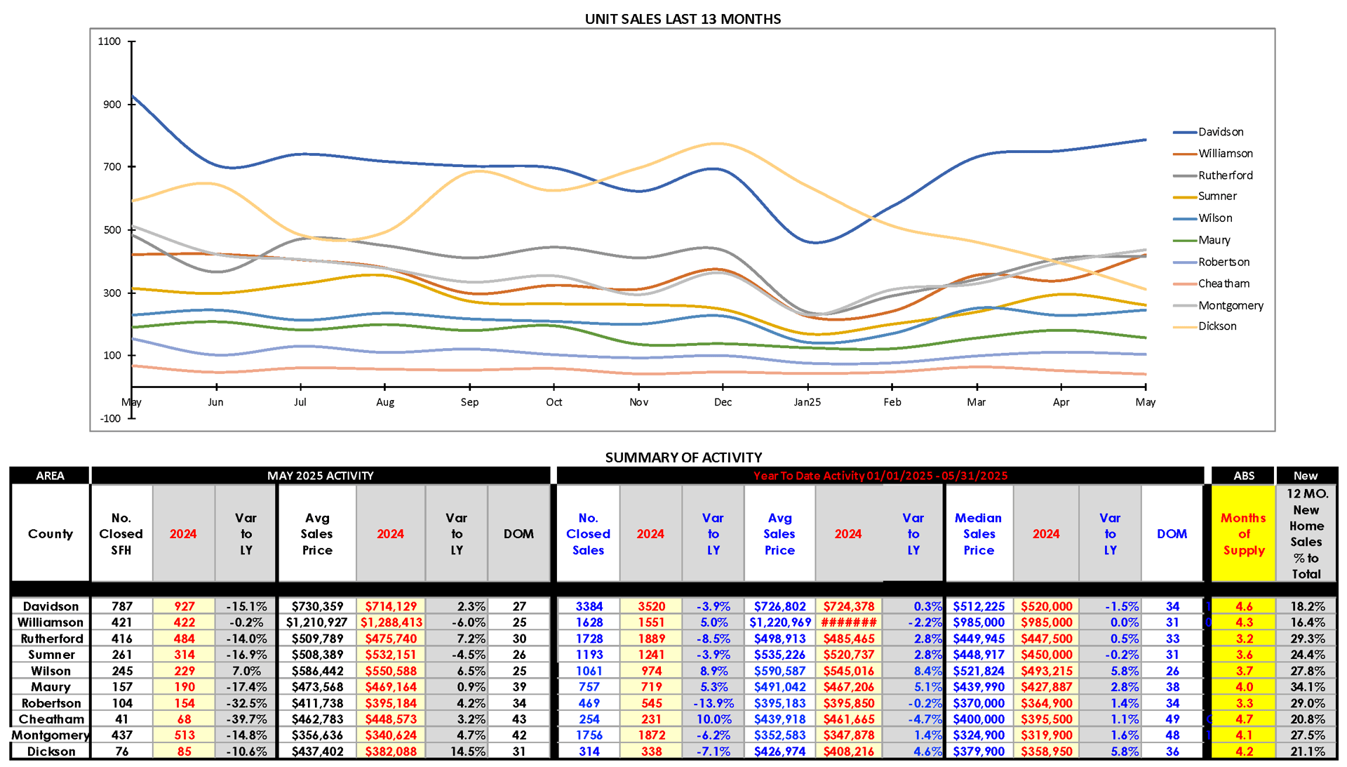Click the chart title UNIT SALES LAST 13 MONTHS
point(683,19)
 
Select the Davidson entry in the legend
point(1220,132)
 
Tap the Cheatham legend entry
point(1224,284)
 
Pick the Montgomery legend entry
point(1231,305)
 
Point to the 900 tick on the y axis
point(112,105)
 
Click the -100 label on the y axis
point(110,418)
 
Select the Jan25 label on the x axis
point(807,402)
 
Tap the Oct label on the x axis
point(554,402)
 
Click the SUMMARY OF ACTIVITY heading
point(683,458)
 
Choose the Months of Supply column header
point(1243,534)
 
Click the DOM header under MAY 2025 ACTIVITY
point(518,534)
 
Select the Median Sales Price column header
point(979,534)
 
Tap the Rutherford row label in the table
point(51,639)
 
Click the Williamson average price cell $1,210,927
point(316,622)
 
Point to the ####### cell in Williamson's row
point(848,622)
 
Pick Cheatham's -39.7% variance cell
point(246,719)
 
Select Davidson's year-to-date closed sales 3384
point(589,606)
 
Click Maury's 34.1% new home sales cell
point(1307,687)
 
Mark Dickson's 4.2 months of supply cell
point(1243,752)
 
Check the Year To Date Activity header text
point(880,476)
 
